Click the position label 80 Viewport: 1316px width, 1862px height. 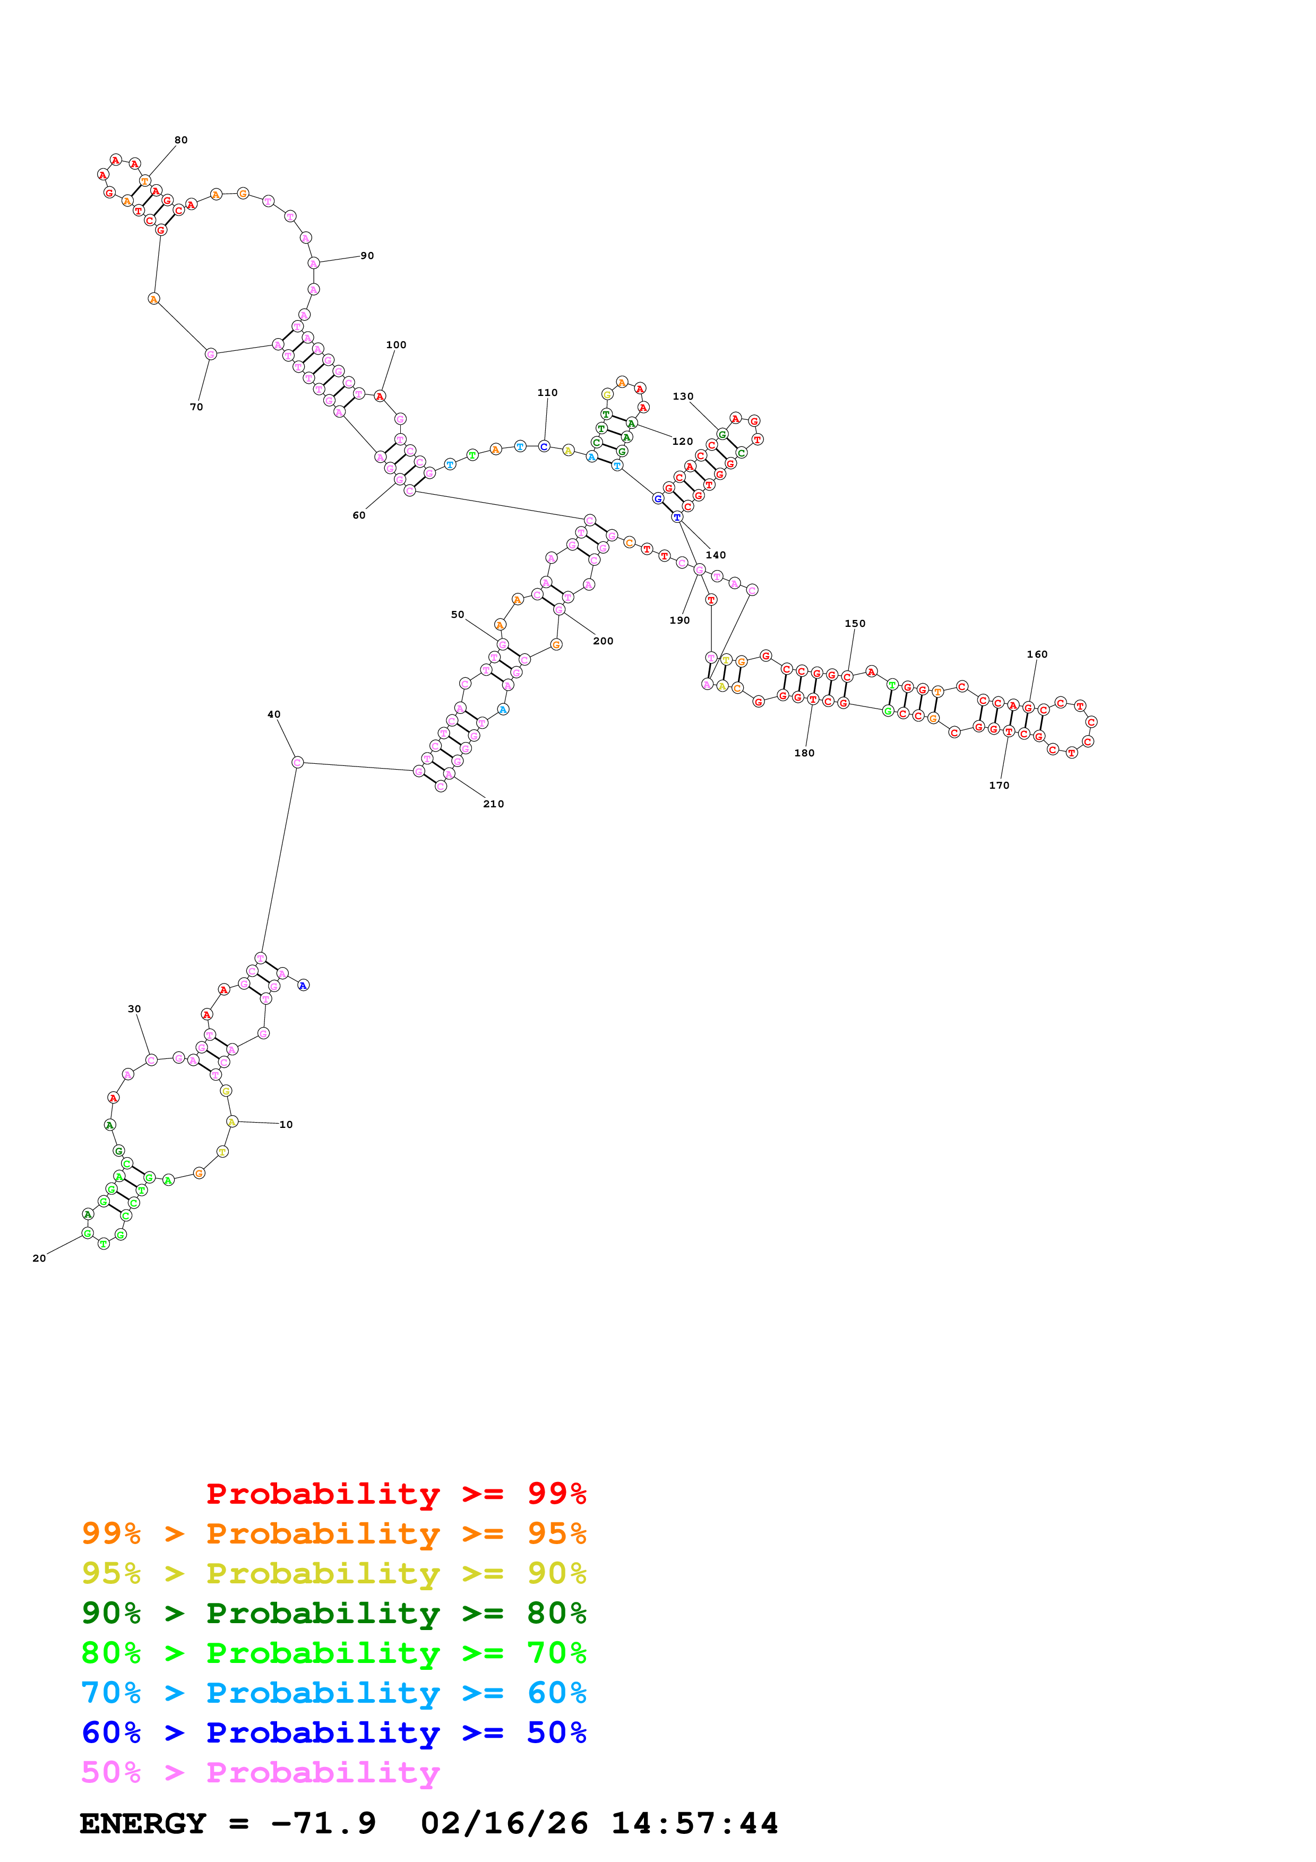pyautogui.click(x=181, y=140)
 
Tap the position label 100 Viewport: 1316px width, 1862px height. pyautogui.click(x=395, y=344)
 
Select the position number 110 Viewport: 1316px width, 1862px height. pyautogui.click(x=547, y=392)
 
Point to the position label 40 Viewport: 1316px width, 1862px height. pyautogui.click(x=274, y=714)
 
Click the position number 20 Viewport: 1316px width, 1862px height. pyautogui.click(x=39, y=1258)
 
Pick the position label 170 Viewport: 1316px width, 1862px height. pyautogui.click(x=999, y=785)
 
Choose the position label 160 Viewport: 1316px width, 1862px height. pyautogui.click(x=1037, y=654)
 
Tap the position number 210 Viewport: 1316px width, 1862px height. pyautogui.click(x=494, y=804)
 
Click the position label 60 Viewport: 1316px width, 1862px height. pyautogui.click(x=358, y=515)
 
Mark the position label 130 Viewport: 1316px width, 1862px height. pyautogui.click(x=683, y=396)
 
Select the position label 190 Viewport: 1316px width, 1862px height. pyautogui.click(x=679, y=620)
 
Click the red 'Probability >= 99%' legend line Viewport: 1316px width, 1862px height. pyautogui.click(x=395, y=1494)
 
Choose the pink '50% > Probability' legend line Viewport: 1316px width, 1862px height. pyautogui.click(x=260, y=1773)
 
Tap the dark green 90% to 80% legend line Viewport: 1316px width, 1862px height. pyautogui.click(x=333, y=1613)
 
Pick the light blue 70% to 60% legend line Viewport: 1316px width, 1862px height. pyautogui.click(x=333, y=1693)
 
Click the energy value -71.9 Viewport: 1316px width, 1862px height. pyautogui.click(x=323, y=1824)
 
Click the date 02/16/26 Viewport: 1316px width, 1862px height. pyautogui.click(x=504, y=1824)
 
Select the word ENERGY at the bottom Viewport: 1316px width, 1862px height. pyautogui.click(x=143, y=1824)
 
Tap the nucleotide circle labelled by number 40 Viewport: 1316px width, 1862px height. pyautogui.click(x=298, y=762)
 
